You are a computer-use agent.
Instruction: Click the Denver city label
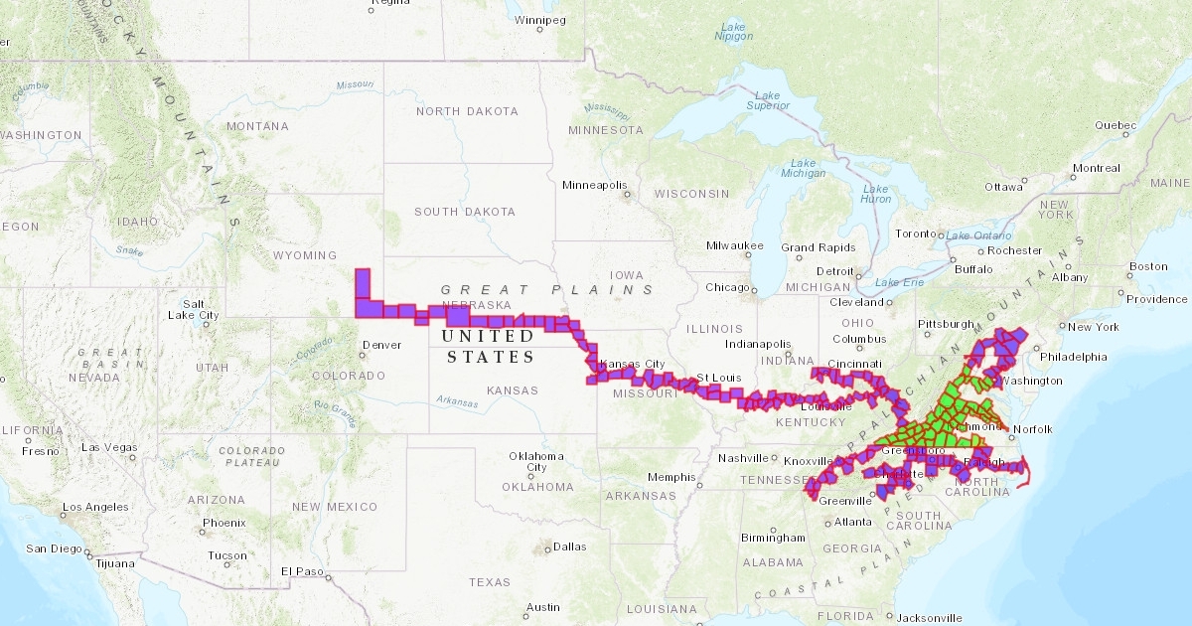381,345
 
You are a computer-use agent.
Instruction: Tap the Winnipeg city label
540,20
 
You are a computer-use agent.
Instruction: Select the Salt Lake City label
193,309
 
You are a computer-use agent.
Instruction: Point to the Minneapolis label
595,185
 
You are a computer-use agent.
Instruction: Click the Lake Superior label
767,99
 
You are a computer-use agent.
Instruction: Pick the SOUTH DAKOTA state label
465,212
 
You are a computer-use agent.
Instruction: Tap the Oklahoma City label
536,461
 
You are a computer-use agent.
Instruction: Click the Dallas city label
570,547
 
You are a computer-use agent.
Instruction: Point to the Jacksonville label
929,617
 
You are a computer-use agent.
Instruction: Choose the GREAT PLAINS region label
547,289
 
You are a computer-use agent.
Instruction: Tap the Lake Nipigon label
734,30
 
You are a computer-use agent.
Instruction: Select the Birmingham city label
773,538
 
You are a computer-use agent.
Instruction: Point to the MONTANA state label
257,126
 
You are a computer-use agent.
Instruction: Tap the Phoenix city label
223,523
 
